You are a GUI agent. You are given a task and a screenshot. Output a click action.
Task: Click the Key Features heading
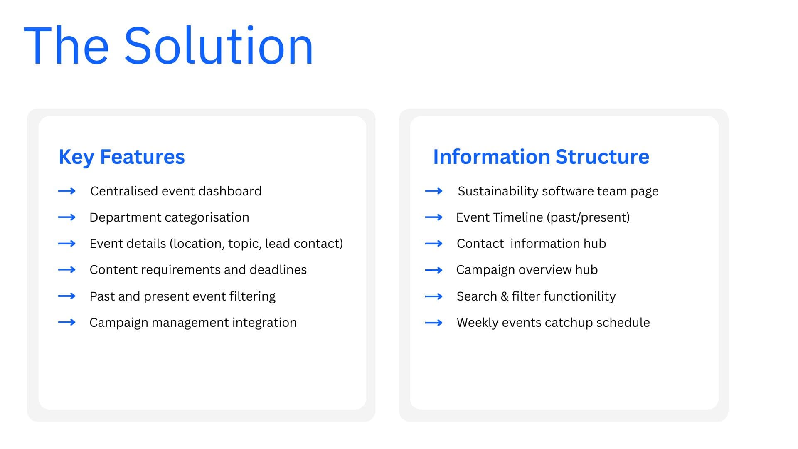click(x=121, y=157)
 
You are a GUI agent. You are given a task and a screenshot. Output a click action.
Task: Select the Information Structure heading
click(x=541, y=157)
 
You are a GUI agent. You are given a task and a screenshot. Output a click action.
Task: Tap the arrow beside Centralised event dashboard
click(x=66, y=191)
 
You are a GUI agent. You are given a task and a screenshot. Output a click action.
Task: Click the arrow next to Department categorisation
click(x=66, y=217)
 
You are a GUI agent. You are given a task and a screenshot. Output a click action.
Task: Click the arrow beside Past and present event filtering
click(x=66, y=296)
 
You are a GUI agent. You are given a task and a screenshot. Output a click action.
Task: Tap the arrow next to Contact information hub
click(x=433, y=244)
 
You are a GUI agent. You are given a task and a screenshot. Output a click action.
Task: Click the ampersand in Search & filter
click(x=505, y=296)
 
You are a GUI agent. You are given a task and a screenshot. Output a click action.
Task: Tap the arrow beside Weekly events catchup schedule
click(x=433, y=323)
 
